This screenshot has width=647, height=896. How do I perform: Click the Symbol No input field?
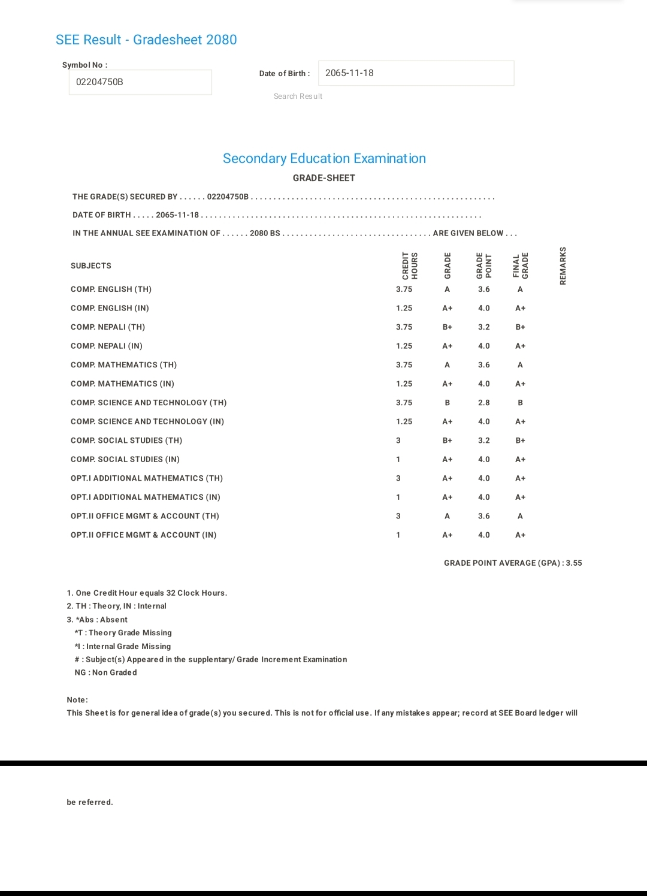[x=140, y=82]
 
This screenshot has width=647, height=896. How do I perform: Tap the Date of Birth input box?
[x=416, y=73]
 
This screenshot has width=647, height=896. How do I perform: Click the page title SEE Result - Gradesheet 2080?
[x=146, y=40]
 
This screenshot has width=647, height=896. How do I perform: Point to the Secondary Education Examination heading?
[x=324, y=158]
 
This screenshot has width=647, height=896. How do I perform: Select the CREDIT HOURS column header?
[x=410, y=266]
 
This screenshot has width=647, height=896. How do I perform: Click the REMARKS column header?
[x=563, y=266]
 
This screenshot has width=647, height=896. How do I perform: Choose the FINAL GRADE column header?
[x=520, y=266]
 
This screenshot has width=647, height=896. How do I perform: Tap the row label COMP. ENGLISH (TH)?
[x=111, y=289]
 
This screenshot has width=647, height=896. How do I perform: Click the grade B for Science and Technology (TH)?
[x=447, y=403]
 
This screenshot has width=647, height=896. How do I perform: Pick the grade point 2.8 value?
[x=484, y=403]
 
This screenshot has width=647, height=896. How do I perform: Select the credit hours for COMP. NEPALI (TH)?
[x=404, y=327]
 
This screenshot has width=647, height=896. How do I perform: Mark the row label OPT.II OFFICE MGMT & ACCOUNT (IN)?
[x=143, y=535]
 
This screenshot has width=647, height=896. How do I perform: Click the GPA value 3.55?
[x=574, y=563]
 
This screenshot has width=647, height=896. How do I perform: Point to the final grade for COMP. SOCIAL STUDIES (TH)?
[x=520, y=441]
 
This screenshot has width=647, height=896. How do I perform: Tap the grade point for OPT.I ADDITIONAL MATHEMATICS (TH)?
[x=484, y=478]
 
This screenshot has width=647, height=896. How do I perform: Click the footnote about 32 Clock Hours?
[x=147, y=593]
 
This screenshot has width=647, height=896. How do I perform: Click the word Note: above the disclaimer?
[x=77, y=700]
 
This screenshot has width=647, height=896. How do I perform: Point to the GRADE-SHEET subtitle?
[x=324, y=178]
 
